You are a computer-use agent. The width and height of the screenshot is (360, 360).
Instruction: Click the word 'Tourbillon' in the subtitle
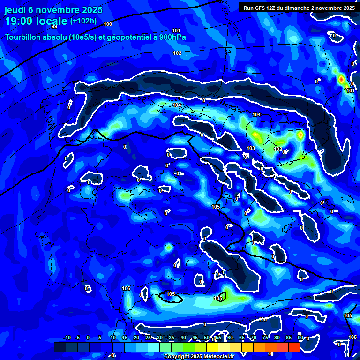(23, 37)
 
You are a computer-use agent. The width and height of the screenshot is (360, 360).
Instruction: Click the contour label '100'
(108, 24)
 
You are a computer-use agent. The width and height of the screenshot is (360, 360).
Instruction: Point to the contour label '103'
(251, 148)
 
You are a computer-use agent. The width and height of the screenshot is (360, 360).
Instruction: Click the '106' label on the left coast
(126, 288)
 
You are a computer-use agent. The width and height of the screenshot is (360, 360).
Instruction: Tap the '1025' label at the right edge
(352, 337)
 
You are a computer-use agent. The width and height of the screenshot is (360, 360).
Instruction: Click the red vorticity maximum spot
(341, 78)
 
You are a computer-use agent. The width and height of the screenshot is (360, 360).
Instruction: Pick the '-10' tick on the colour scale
(67, 337)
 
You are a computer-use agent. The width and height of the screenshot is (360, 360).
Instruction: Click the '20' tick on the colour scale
(136, 337)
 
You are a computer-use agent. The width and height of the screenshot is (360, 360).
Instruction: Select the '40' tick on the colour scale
(183, 337)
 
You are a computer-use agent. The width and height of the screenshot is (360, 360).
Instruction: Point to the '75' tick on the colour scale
(265, 337)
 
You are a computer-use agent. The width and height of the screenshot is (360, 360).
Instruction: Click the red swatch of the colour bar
(294, 347)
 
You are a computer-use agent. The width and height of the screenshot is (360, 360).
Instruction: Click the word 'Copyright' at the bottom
(177, 357)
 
